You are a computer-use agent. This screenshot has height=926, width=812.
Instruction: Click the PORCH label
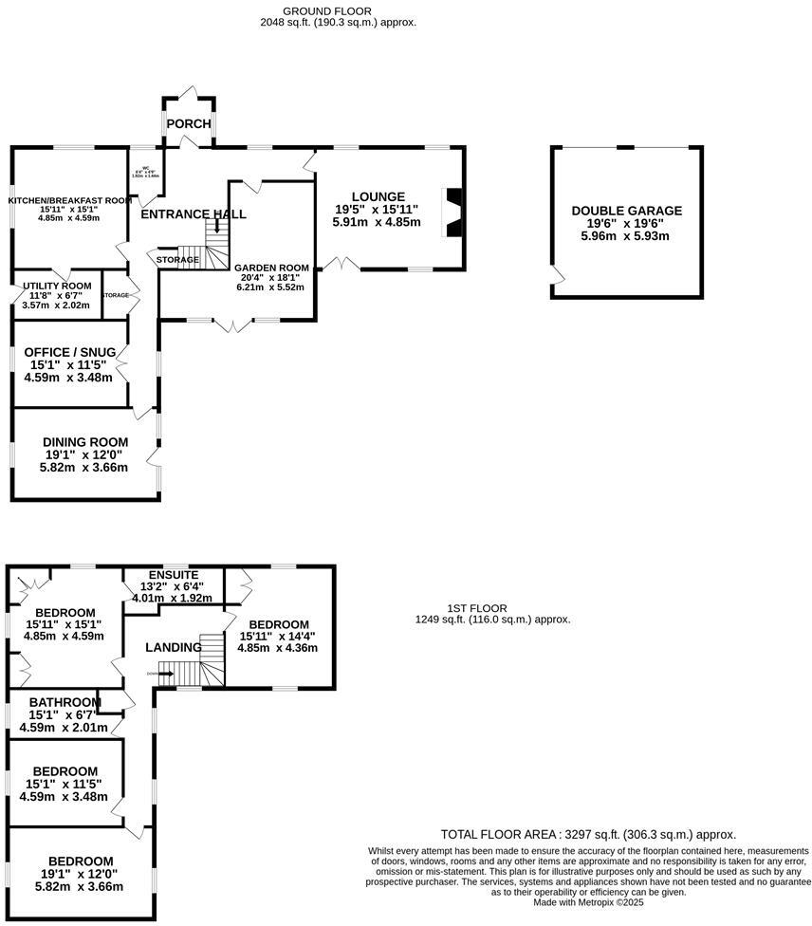[x=189, y=124]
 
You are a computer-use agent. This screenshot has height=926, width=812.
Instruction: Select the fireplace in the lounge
[x=455, y=211]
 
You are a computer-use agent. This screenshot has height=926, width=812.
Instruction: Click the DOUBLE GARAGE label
[x=626, y=211]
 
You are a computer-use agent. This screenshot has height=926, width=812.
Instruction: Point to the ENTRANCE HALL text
[x=193, y=214]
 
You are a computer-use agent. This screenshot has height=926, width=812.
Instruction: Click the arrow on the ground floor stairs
[x=217, y=226]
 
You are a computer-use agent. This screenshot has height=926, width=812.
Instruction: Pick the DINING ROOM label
[x=85, y=442]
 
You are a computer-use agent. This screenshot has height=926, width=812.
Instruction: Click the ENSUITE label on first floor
[x=174, y=575]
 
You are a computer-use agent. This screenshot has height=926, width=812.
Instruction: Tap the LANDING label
[x=174, y=647]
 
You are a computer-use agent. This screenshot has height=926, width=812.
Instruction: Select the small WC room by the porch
[x=145, y=174]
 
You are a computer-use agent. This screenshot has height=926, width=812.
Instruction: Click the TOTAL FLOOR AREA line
[x=588, y=835]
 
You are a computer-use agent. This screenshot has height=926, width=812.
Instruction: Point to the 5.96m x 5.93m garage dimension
[x=626, y=236]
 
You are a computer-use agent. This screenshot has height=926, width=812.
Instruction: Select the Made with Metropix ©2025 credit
[x=589, y=902]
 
